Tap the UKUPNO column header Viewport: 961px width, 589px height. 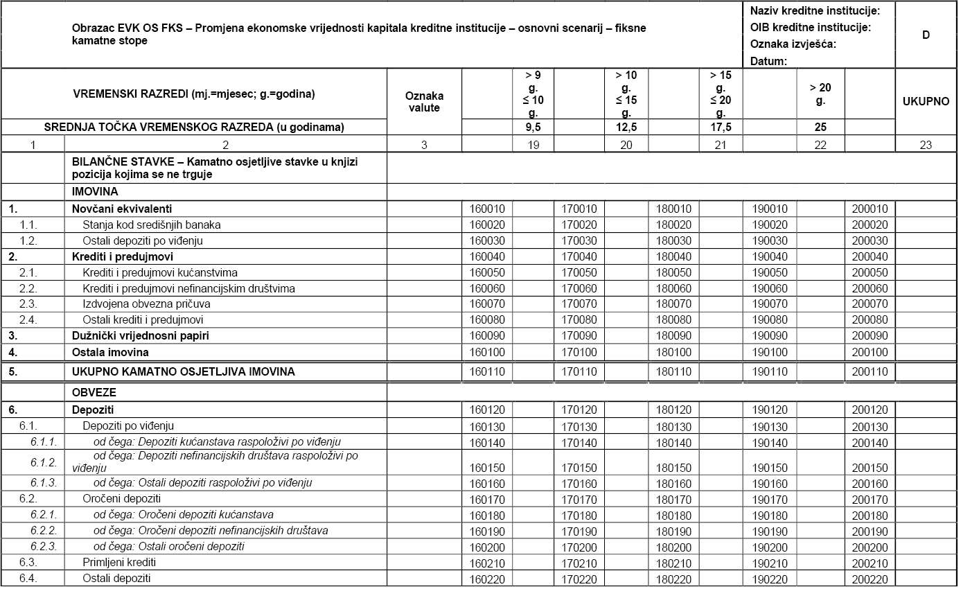pos(926,101)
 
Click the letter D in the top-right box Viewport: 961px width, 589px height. pos(926,35)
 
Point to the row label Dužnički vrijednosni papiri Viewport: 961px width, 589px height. pos(141,335)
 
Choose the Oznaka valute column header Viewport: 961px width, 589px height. pos(424,102)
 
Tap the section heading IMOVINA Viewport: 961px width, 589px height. pos(95,191)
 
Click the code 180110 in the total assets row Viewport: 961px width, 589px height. pos(673,371)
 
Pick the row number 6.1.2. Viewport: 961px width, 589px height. pos(44,462)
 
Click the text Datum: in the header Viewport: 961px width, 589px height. pos(768,61)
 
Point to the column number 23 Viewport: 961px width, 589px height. pos(926,145)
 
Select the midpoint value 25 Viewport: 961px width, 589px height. pos(820,128)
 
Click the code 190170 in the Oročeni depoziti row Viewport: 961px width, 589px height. pos(769,499)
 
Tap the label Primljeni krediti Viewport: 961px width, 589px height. pos(119,562)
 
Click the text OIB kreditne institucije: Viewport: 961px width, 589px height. pos(810,28)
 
